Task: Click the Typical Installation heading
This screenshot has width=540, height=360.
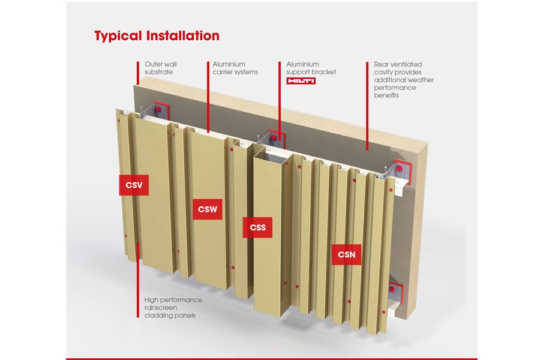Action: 157,35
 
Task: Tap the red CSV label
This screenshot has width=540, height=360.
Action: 134,185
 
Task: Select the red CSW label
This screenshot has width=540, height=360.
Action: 207,210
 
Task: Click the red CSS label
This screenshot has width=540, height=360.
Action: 257,227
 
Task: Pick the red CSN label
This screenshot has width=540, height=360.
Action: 346,254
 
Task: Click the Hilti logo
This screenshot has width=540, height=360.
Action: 301,81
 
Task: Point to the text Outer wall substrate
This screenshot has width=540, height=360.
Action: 161,68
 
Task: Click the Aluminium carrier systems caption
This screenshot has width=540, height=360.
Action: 235,68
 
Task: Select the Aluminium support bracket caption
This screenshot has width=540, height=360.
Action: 311,68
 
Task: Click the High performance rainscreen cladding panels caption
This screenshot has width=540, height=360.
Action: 173,307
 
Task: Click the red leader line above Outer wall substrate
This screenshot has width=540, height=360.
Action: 138,72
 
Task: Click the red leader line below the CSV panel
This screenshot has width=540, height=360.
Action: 138,282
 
